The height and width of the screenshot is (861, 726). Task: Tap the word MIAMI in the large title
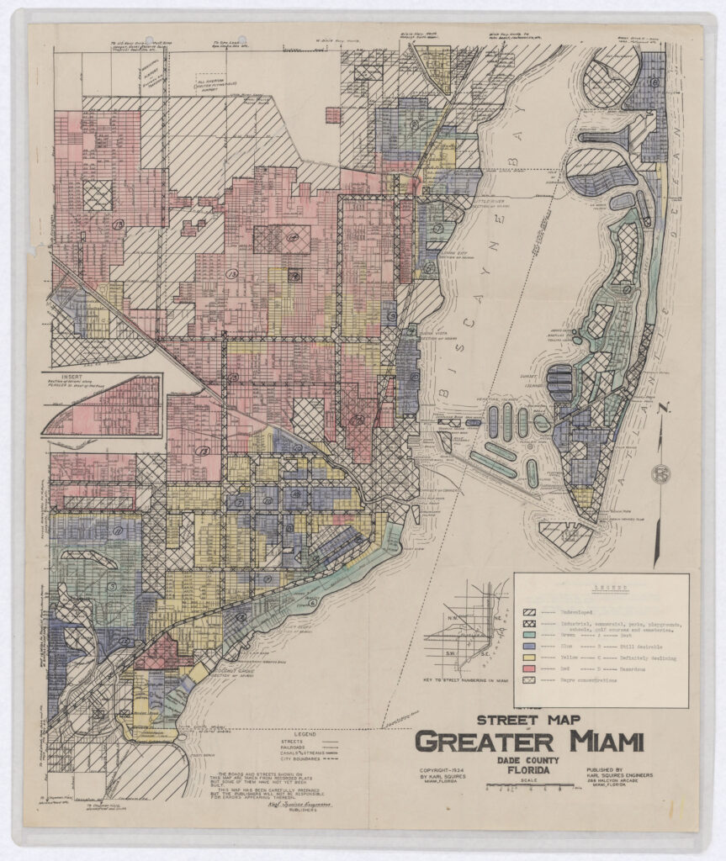(x=601, y=743)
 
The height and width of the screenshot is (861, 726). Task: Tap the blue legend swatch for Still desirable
(x=531, y=645)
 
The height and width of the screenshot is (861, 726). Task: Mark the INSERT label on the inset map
(x=63, y=378)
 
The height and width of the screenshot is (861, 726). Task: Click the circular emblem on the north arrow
(x=663, y=475)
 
